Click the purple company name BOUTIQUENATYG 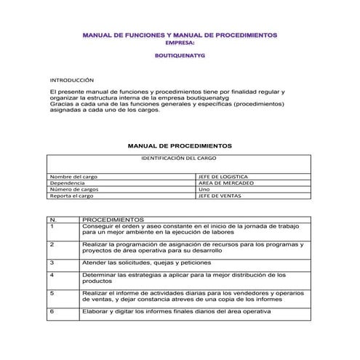click(x=180, y=54)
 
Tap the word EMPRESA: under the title click(x=180, y=42)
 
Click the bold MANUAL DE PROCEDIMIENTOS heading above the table click(x=180, y=145)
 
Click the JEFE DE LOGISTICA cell click(x=223, y=177)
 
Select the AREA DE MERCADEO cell click(x=226, y=183)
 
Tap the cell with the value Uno click(x=204, y=189)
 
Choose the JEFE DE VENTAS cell click(x=220, y=196)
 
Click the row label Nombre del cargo click(x=73, y=177)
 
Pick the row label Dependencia click(x=67, y=183)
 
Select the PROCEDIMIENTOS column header click(x=113, y=219)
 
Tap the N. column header click(x=53, y=219)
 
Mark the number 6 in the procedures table click(x=52, y=311)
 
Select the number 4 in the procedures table click(x=52, y=275)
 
